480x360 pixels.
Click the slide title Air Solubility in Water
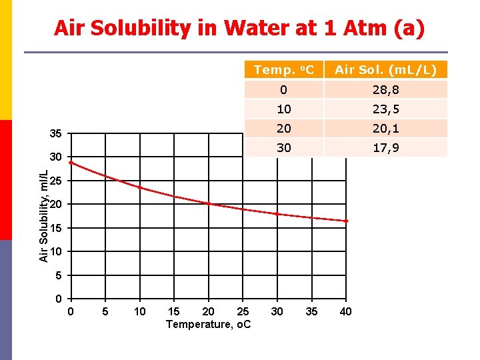[239, 28]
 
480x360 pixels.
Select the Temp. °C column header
[283, 70]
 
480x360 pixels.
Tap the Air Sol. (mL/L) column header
[385, 70]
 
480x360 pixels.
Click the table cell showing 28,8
[385, 90]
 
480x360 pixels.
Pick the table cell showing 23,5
[385, 109]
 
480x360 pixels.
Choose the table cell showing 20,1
[385, 129]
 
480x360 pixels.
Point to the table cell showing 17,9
[385, 148]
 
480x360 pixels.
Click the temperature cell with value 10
[283, 109]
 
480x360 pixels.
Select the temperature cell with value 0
[283, 90]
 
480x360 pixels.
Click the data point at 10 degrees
[140, 187]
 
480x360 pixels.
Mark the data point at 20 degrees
[209, 203]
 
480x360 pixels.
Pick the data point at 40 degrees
[346, 221]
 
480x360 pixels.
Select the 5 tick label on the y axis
[59, 275]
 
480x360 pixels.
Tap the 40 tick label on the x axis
[346, 311]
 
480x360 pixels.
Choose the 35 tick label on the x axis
[311, 311]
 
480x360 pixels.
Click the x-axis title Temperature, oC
[209, 324]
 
